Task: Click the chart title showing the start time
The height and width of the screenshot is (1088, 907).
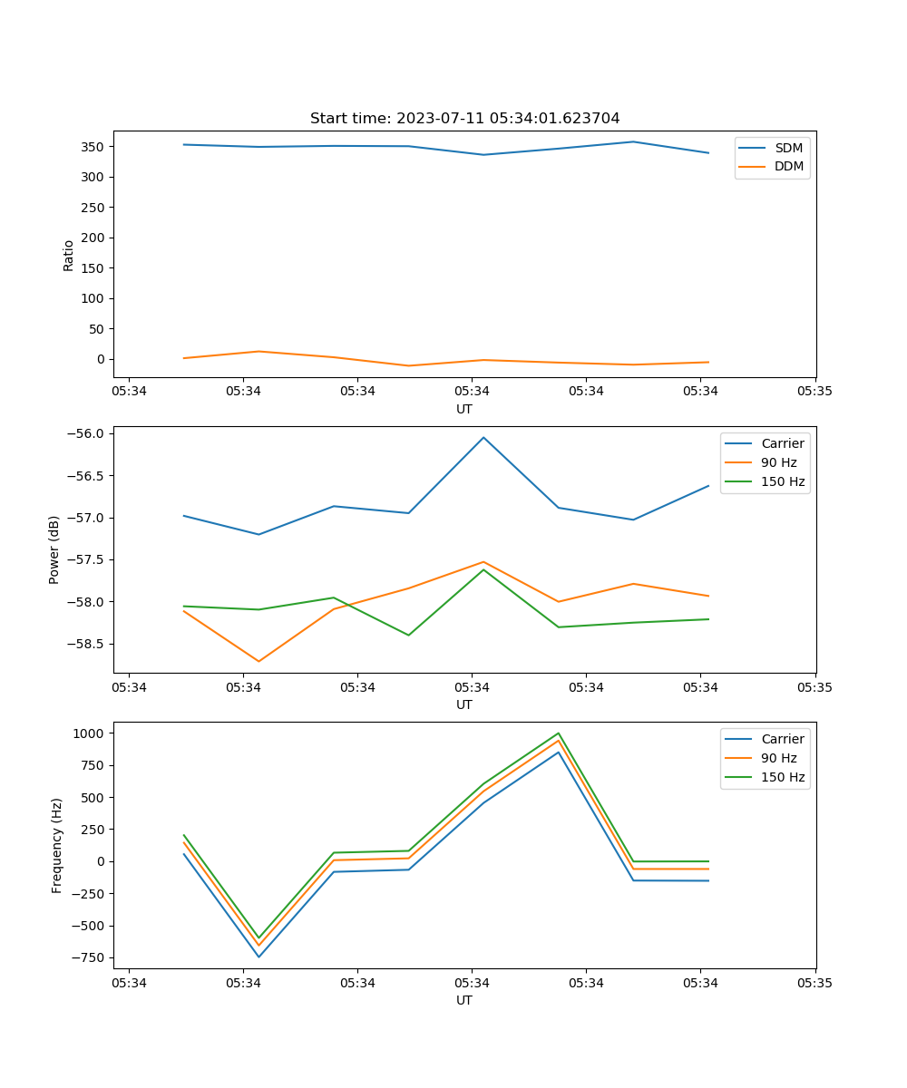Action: click(464, 119)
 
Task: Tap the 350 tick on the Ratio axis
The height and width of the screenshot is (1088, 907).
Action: click(95, 147)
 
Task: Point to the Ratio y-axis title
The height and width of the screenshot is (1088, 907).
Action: click(69, 256)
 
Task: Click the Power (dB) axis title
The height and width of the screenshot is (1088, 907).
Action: click(54, 549)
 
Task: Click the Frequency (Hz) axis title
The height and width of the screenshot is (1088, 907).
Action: click(56, 845)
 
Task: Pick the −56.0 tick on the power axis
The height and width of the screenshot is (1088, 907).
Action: click(89, 433)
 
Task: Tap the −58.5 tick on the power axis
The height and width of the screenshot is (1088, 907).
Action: click(89, 644)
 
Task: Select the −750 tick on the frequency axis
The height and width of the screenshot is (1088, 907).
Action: click(91, 957)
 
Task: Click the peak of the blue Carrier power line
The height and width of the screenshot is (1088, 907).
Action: click(483, 437)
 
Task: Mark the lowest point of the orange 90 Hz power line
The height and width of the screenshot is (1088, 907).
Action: click(258, 661)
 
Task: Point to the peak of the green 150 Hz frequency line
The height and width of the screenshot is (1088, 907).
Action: click(559, 733)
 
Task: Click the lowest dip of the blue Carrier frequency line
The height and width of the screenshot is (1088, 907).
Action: click(258, 957)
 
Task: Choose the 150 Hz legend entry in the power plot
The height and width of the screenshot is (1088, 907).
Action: click(782, 482)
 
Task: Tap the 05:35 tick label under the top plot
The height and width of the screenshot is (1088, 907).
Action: click(814, 392)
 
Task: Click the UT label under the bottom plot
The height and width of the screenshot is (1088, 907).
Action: click(464, 1000)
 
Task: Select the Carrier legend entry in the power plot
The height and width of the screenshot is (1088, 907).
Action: click(782, 443)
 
